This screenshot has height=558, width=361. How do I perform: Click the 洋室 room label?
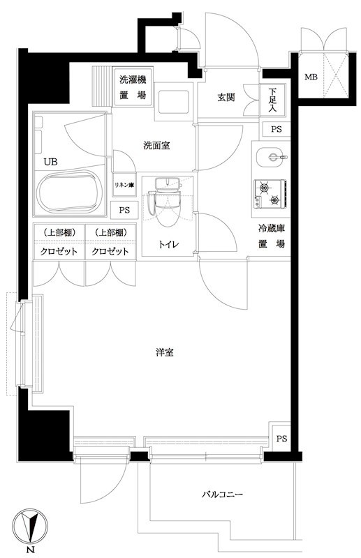[x=165, y=353]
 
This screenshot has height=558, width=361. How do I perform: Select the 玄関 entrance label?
[x=226, y=97]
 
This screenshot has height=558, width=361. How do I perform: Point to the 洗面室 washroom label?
[x=157, y=146]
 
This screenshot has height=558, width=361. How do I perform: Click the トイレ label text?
[x=168, y=244]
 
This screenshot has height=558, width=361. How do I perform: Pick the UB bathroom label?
[x=50, y=162]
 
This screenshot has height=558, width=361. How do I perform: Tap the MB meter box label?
[x=309, y=77]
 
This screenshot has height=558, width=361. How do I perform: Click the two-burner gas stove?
[x=269, y=193]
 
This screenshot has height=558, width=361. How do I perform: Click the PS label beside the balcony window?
[x=281, y=439]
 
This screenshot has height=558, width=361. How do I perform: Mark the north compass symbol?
[x=32, y=527]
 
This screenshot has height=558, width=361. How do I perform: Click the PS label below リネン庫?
[x=124, y=210]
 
